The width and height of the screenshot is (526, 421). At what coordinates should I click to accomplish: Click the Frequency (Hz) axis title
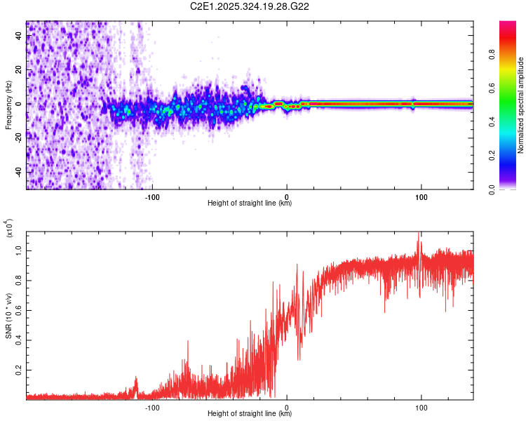(x=8, y=105)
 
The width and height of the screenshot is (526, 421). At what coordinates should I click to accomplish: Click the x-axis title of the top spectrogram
(x=250, y=203)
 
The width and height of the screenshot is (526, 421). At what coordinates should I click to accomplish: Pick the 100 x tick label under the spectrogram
(x=422, y=196)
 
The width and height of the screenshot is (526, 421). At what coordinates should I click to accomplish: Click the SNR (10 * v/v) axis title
(x=8, y=316)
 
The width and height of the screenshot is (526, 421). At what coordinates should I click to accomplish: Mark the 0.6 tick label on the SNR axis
(x=18, y=309)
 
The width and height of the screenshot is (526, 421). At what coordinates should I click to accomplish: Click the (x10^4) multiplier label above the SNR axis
(x=9, y=228)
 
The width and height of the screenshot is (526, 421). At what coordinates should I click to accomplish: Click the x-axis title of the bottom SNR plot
(x=250, y=413)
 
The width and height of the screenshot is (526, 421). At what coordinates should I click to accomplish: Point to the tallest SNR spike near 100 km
(x=419, y=235)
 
